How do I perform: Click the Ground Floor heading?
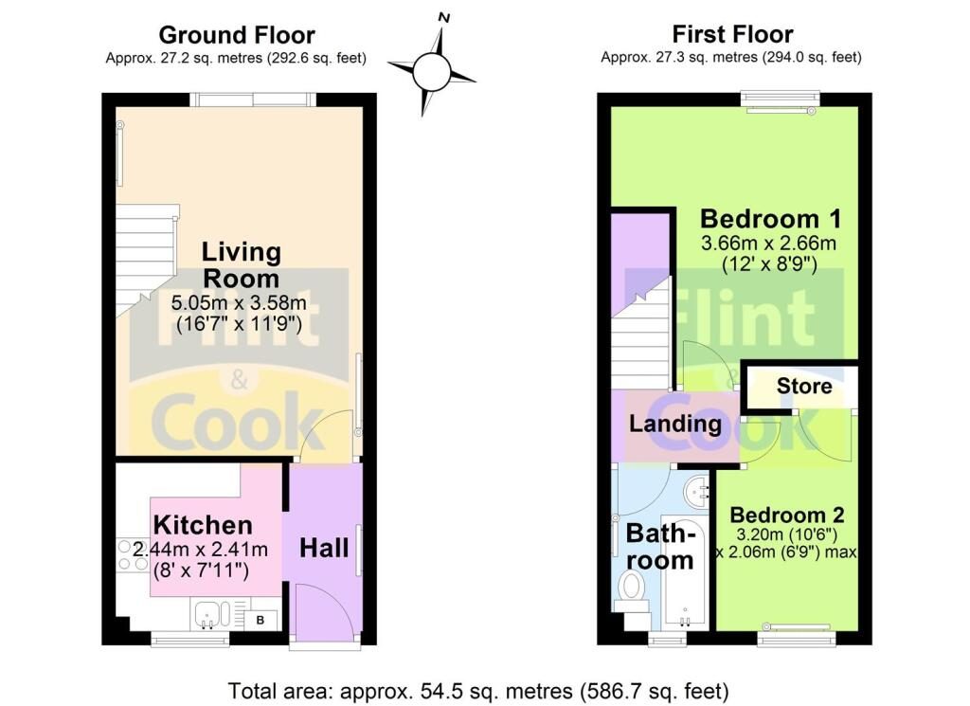click(237, 35)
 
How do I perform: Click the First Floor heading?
click(732, 33)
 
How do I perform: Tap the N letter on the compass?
click(443, 18)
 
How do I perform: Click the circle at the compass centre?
click(431, 72)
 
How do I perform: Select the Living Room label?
click(242, 265)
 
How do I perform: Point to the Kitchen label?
click(203, 525)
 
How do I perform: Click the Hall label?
click(324, 548)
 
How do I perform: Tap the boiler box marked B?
click(260, 620)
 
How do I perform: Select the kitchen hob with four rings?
click(131, 554)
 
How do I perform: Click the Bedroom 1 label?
click(771, 219)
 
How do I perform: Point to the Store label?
click(804, 386)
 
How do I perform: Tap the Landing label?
click(675, 424)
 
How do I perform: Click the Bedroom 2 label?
click(787, 515)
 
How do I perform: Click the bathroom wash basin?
click(699, 491)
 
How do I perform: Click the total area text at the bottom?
click(478, 690)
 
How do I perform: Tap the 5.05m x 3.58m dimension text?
click(239, 303)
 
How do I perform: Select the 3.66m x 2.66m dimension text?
click(768, 244)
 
